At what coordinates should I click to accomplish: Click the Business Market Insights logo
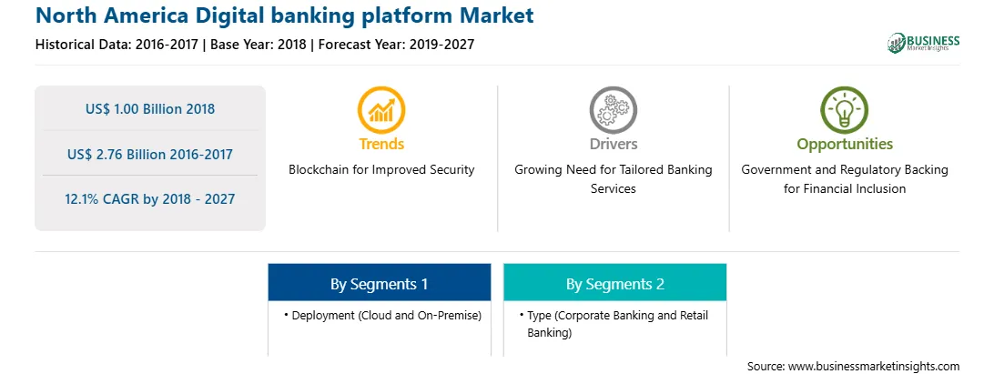[x=923, y=43]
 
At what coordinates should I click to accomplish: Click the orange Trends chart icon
[x=381, y=110]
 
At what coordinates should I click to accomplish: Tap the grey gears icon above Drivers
[x=613, y=110]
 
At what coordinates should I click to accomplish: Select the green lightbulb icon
[x=845, y=110]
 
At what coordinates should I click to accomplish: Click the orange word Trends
[x=381, y=144]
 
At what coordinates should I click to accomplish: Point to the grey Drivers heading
[x=613, y=144]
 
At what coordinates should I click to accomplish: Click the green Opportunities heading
[x=845, y=145]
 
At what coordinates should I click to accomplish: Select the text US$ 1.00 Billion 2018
[x=150, y=109]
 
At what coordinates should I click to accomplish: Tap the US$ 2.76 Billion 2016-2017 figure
[x=150, y=154]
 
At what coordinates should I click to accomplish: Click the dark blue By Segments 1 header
[x=379, y=284]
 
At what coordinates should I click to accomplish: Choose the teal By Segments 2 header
[x=615, y=284]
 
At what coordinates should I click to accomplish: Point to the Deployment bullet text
[x=386, y=316]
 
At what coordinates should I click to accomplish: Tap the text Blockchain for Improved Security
[x=381, y=170]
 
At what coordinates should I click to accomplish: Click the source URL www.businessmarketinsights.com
[x=874, y=367]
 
